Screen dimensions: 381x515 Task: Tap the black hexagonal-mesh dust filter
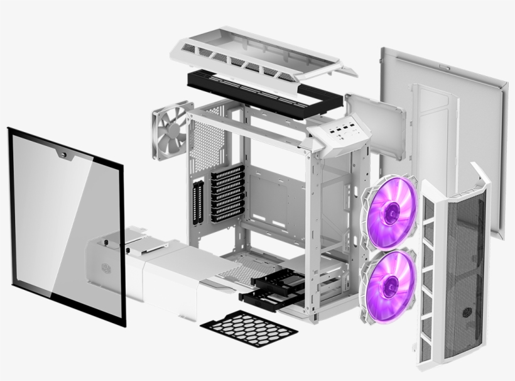point(249,328)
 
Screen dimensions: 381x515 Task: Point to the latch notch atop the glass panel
point(63,152)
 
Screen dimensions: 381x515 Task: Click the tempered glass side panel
point(66,226)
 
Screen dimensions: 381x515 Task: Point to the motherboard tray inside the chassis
point(276,189)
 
